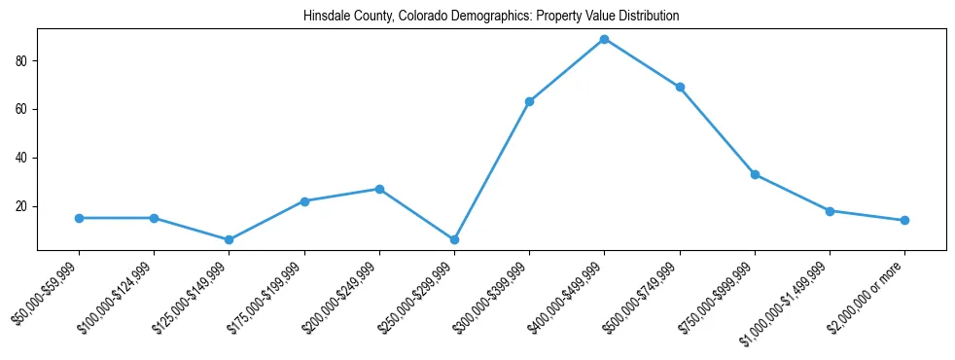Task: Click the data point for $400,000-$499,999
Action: [604, 39]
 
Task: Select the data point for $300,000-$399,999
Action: [529, 101]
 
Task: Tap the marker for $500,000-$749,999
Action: [680, 88]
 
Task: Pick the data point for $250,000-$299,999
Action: [454, 239]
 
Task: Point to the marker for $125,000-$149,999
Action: [229, 239]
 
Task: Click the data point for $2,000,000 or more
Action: [904, 220]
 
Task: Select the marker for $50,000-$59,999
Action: [79, 218]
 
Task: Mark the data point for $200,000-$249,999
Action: [379, 189]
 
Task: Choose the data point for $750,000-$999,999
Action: [755, 175]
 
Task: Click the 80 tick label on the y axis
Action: [24, 60]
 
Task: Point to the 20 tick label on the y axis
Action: [24, 206]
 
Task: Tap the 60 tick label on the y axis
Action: [24, 109]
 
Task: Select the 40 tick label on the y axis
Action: [24, 158]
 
